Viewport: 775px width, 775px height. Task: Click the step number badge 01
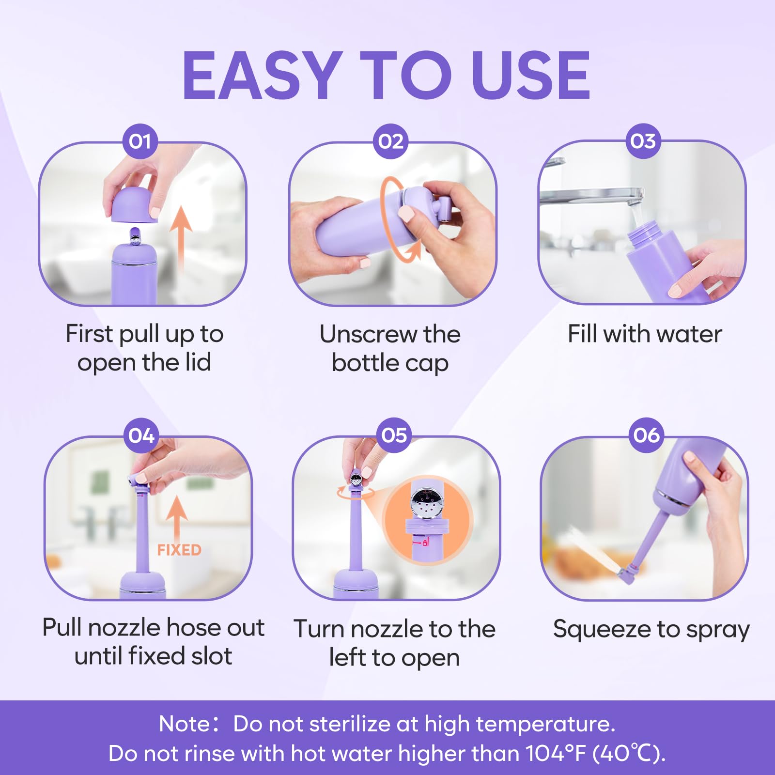(x=140, y=141)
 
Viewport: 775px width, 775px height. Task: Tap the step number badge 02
(x=391, y=141)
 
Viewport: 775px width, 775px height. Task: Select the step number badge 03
(x=643, y=141)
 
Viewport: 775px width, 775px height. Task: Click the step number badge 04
(x=141, y=435)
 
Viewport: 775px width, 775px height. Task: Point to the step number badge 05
(x=394, y=435)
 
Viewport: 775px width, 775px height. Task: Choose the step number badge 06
(x=647, y=435)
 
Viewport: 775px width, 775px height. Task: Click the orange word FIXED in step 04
(x=179, y=550)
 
